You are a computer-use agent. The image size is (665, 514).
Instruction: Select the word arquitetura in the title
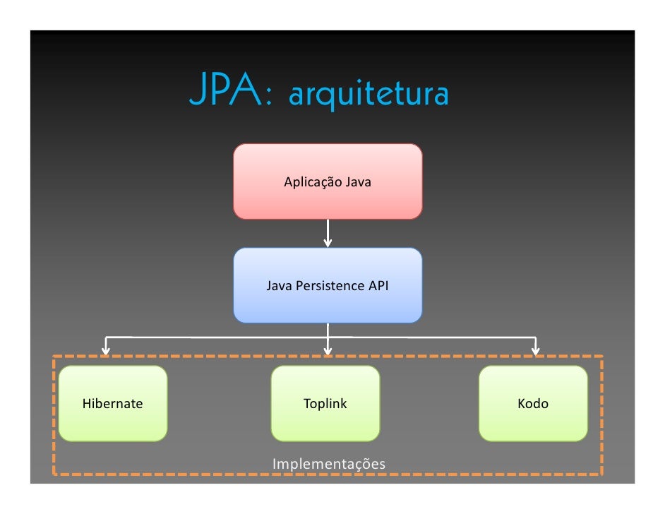(x=369, y=95)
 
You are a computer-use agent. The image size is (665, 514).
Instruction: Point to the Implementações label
(x=329, y=464)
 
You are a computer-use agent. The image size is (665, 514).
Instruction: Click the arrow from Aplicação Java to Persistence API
(x=328, y=232)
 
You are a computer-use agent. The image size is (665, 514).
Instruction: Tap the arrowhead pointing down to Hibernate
(x=106, y=349)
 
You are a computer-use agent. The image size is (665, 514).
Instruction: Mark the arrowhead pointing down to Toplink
(x=328, y=349)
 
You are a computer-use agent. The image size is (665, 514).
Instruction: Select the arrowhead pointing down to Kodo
(x=535, y=349)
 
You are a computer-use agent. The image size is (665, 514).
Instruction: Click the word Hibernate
(x=112, y=404)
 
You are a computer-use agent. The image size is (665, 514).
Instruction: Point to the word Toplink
(x=325, y=404)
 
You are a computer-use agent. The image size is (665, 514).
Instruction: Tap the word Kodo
(x=533, y=404)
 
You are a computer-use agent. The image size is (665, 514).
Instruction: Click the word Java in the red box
(x=358, y=182)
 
